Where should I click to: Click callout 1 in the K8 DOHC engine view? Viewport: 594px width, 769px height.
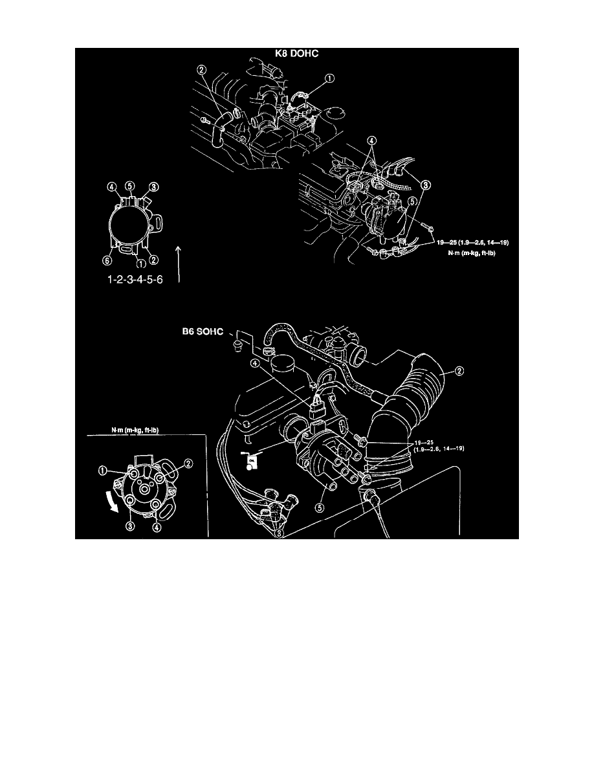tap(330, 80)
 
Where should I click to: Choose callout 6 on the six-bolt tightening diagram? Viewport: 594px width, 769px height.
tap(108, 261)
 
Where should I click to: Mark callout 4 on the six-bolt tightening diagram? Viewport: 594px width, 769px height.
tap(112, 188)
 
